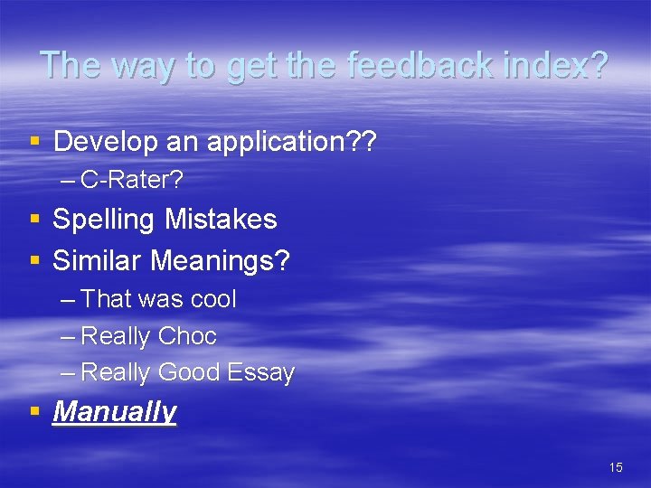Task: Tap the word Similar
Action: [98, 261]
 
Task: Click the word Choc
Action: [187, 336]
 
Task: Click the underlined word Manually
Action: [115, 412]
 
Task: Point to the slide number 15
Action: [616, 467]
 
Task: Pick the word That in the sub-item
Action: [106, 299]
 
